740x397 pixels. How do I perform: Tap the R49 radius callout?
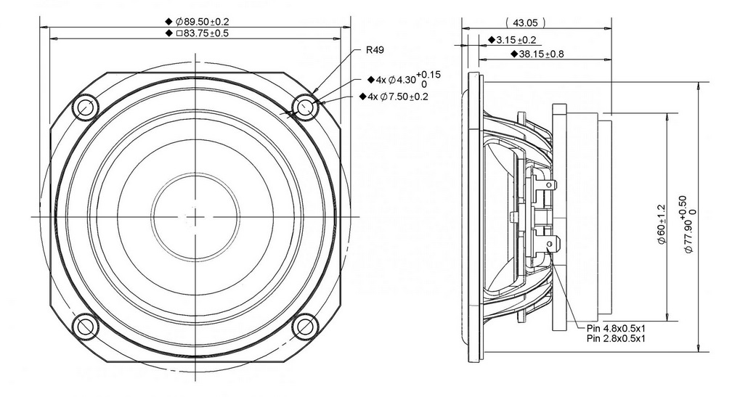click(x=375, y=49)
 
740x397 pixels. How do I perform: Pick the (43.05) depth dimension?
click(x=525, y=22)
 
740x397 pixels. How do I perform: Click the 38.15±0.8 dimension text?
click(x=541, y=54)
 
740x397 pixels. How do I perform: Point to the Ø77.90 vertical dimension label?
click(x=689, y=224)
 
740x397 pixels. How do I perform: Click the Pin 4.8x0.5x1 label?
click(x=616, y=328)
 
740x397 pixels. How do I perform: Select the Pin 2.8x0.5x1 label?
click(x=616, y=338)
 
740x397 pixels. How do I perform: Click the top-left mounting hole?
click(x=86, y=107)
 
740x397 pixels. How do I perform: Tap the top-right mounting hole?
click(x=305, y=107)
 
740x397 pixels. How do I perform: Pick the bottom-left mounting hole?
click(x=86, y=327)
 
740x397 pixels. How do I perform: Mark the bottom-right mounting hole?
click(x=305, y=327)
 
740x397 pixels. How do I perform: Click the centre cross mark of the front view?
click(x=195, y=217)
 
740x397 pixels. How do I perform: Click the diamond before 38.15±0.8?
click(x=514, y=54)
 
